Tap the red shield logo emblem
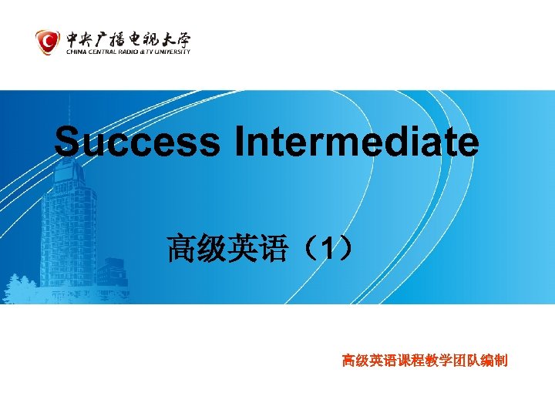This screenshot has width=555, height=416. click(x=48, y=42)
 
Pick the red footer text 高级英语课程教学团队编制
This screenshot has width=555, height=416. click(x=424, y=360)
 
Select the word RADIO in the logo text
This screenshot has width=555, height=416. click(x=129, y=52)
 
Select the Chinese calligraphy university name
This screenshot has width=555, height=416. click(x=126, y=38)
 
